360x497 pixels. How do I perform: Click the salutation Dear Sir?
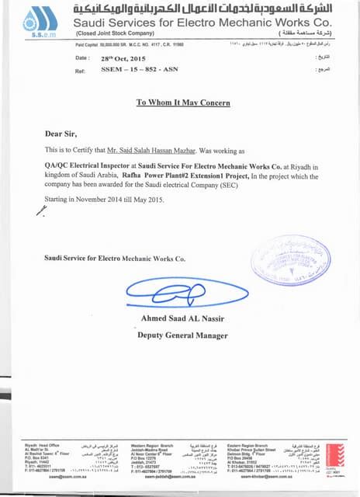61,134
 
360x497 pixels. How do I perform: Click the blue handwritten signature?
175,290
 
